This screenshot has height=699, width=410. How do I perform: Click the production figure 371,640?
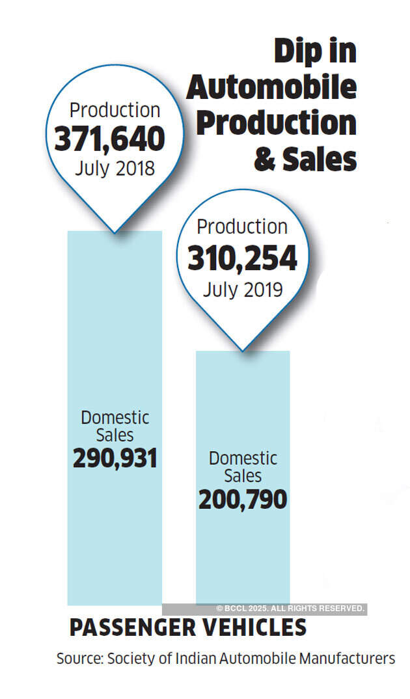point(109,139)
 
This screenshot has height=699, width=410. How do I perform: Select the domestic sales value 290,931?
point(115,459)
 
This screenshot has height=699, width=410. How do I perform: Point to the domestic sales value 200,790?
point(243,499)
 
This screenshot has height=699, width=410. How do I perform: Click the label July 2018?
point(115,169)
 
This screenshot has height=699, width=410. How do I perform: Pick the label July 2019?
point(242,289)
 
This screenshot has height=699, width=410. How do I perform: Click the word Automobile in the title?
point(271,88)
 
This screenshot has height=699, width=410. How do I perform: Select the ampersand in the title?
point(265,159)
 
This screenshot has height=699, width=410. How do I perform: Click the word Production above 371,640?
point(115,110)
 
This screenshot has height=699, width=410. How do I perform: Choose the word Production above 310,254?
point(242,227)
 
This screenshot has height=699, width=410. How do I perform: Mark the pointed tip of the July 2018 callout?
point(115,232)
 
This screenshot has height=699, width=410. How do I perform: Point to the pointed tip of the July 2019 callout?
point(242,351)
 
